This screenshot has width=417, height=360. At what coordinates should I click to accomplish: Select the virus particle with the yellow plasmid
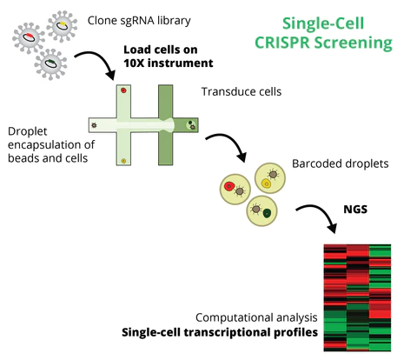tap(64, 27)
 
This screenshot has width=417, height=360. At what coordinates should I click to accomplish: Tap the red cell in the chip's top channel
tap(124, 90)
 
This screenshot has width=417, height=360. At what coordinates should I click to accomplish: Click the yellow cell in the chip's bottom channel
tap(124, 160)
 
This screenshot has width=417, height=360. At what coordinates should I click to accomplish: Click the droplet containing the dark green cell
tap(263, 211)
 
